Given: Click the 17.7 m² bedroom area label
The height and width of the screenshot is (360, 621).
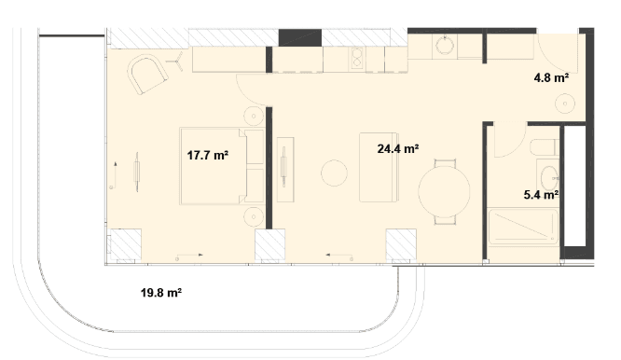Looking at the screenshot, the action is coord(208,155).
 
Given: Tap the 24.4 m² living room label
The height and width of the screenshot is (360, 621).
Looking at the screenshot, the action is coord(398,148).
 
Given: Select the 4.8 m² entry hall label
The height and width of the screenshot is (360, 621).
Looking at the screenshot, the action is coord(551,77).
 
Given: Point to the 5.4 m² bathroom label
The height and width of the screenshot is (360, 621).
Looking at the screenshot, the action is coord(541,194).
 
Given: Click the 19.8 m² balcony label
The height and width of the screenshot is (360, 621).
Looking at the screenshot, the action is coord(161,293).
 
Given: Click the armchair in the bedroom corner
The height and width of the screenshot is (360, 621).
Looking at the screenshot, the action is coord(147,75).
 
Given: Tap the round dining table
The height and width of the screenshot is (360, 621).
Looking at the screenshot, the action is coord(444,191).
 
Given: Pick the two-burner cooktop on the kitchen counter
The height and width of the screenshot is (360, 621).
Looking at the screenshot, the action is coord(357,58).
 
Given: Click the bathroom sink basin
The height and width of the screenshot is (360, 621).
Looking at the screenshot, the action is coord(549,178).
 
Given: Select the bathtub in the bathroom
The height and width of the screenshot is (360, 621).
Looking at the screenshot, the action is coord(524,227).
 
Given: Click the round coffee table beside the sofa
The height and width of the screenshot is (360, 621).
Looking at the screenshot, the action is coord(334,173).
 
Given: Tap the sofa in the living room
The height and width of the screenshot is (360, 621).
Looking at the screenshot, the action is coord(379,167).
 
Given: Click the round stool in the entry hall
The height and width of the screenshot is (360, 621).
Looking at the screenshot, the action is coord(565,104).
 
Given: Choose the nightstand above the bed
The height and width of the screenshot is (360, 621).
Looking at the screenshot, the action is coord(254,117).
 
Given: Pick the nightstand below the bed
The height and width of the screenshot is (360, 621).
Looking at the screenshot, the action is coord(254,216).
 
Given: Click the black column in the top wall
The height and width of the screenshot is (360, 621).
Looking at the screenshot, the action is coord(300,37).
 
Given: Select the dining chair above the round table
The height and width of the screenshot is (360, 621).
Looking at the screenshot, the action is coord(445,163).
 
